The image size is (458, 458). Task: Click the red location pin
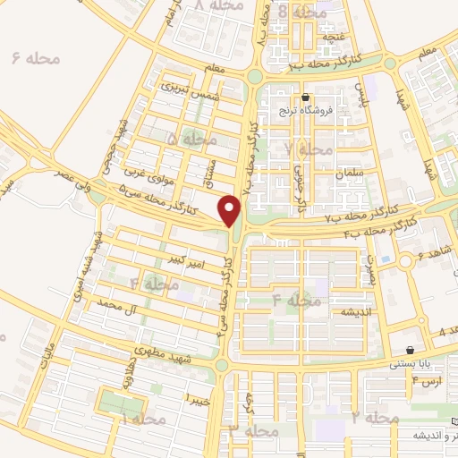231,211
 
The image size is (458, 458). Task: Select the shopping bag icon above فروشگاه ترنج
306,98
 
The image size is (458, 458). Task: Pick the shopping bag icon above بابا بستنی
410,351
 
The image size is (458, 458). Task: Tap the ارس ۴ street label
428,382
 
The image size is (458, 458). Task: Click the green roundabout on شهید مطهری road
222,365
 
